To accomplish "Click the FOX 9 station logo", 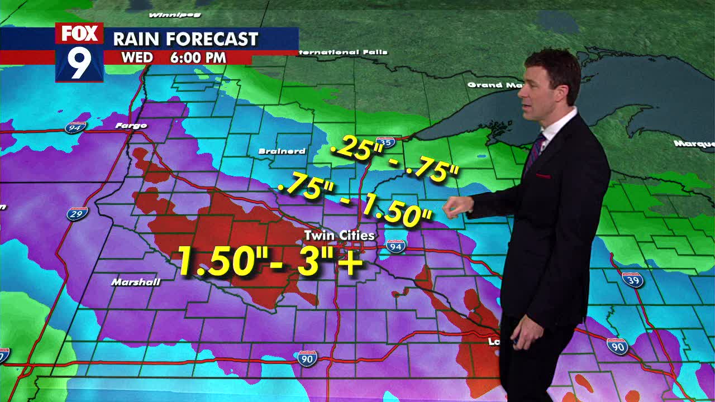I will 79,52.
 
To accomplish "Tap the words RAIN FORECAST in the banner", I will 185,39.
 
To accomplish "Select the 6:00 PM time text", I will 198,58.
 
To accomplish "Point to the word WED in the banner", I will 137,58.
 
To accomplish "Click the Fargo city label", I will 131,126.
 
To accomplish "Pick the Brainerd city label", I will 282,151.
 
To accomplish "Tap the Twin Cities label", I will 339,236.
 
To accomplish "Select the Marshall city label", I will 136,282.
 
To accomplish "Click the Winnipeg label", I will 175,15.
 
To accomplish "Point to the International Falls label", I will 342,52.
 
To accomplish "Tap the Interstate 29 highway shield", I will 77,213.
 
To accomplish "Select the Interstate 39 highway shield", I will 632,279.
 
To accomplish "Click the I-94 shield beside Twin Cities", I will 395,246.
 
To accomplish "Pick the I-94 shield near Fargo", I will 75,127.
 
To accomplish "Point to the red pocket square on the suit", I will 542,176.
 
